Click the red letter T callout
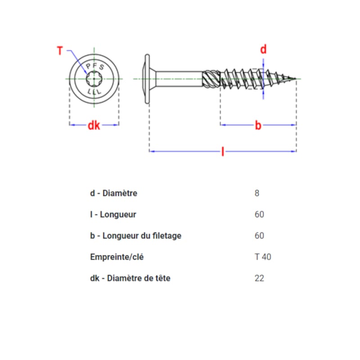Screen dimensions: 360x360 click(60, 51)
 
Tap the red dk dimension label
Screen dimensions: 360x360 click(94, 126)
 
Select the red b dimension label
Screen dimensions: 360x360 click(258, 126)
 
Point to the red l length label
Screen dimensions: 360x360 click(223, 152)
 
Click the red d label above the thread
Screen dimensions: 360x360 click(263, 49)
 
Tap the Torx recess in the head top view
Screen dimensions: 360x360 click(94, 79)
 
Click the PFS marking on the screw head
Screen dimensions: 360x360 click(95, 66)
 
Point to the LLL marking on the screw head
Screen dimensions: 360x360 click(94, 92)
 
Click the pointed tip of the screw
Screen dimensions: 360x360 click(296, 79)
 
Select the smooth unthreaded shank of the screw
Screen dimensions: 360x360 click(179, 79)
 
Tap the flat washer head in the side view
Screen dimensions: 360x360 click(147, 79)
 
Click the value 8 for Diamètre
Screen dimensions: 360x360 click(257, 193)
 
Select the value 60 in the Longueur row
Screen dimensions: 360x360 click(259, 215)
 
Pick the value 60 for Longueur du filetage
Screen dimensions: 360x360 click(259, 235)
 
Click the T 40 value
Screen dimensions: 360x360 click(263, 257)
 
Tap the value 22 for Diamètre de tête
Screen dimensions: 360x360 click(259, 278)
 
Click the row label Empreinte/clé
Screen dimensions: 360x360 click(117, 257)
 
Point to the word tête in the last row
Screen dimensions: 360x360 click(163, 278)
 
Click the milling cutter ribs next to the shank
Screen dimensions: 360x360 click(211, 79)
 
